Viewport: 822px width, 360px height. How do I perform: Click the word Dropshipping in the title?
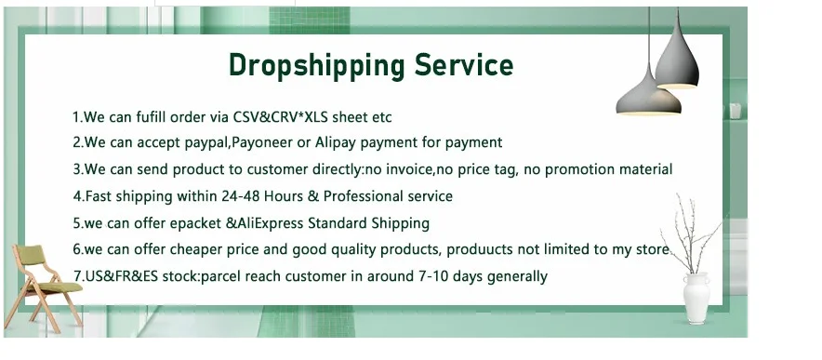[x=317, y=66]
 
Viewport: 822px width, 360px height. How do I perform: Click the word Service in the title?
[x=464, y=64]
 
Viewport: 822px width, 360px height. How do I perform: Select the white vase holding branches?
[x=696, y=298]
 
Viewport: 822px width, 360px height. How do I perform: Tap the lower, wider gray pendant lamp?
[x=648, y=97]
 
